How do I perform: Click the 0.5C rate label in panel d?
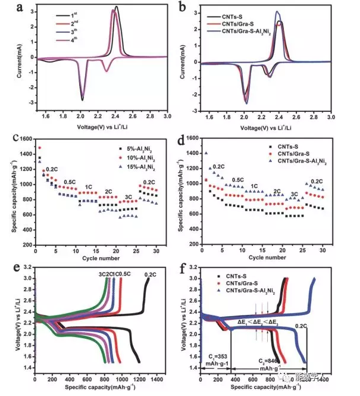[x=238, y=179]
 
